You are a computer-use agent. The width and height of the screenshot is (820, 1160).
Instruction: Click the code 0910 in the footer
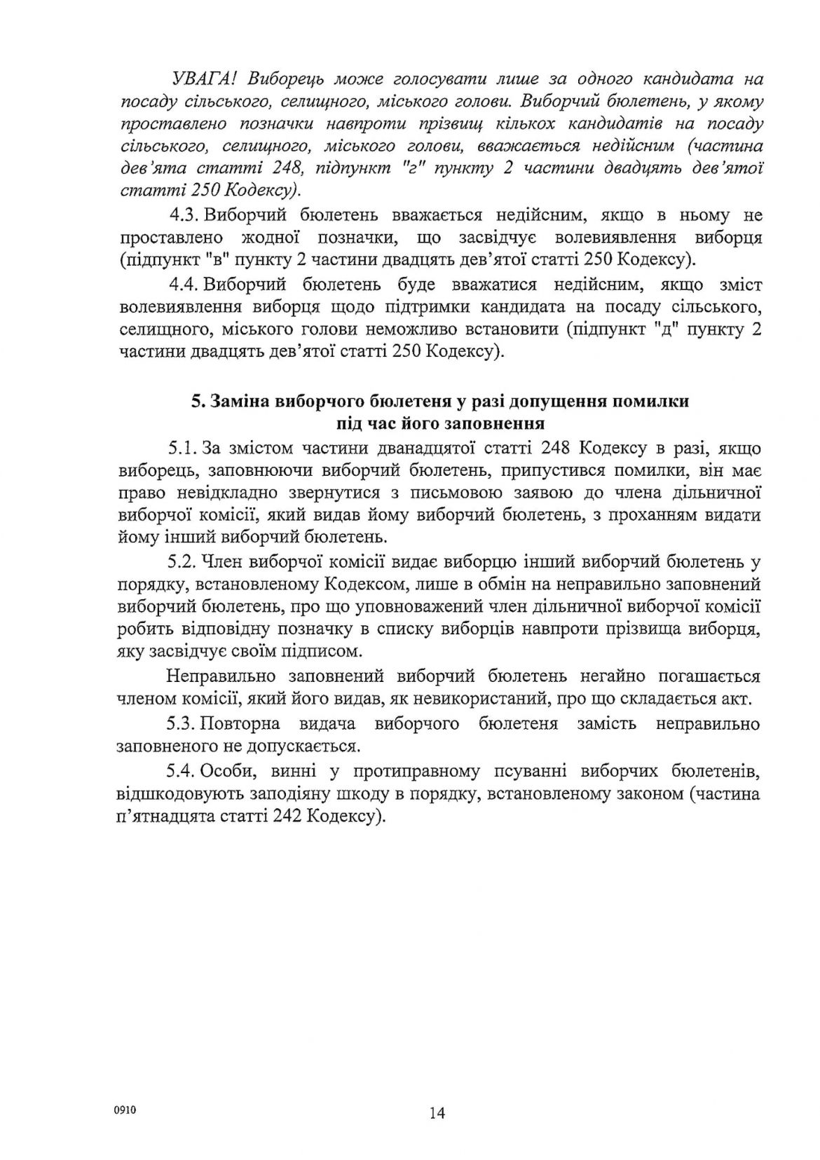(x=126, y=1110)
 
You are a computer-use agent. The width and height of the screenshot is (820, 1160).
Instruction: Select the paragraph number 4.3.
(x=183, y=215)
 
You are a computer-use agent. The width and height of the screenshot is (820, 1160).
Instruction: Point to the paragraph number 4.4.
(x=183, y=285)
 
